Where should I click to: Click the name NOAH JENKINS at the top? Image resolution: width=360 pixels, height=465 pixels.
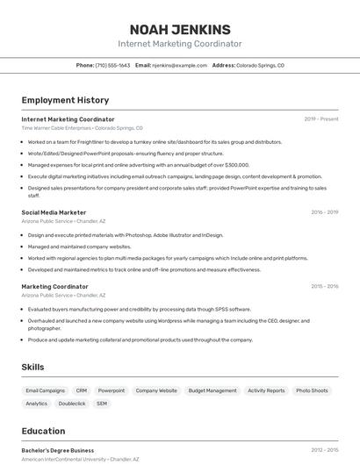(x=180, y=29)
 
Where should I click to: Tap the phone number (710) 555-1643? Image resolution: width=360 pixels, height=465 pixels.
(x=112, y=65)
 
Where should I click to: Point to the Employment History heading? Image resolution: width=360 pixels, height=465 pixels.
(x=65, y=100)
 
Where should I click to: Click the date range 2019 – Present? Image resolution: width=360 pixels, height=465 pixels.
(x=321, y=119)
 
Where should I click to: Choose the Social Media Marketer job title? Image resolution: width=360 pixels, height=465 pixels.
(x=54, y=212)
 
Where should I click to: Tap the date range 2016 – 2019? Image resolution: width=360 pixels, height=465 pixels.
(x=325, y=212)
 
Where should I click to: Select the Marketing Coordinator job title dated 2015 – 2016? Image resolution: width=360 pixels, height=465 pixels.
(x=54, y=287)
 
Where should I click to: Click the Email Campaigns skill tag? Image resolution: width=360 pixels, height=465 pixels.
(x=46, y=390)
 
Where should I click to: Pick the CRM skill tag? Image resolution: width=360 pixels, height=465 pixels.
(x=82, y=390)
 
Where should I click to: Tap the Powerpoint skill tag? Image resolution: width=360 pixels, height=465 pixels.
(x=112, y=390)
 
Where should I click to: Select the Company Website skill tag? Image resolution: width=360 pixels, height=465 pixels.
(x=156, y=390)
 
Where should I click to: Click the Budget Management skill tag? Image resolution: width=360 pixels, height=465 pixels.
(x=212, y=390)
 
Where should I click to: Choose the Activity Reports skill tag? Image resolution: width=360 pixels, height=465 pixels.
(x=266, y=390)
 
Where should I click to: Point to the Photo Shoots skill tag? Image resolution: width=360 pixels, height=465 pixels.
(x=312, y=390)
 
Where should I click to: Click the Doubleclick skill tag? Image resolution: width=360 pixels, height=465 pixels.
(x=72, y=404)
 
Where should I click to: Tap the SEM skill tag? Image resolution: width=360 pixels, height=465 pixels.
(x=102, y=404)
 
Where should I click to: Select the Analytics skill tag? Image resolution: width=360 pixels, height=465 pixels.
(x=37, y=404)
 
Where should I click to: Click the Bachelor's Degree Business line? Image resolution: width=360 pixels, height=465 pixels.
(x=58, y=450)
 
